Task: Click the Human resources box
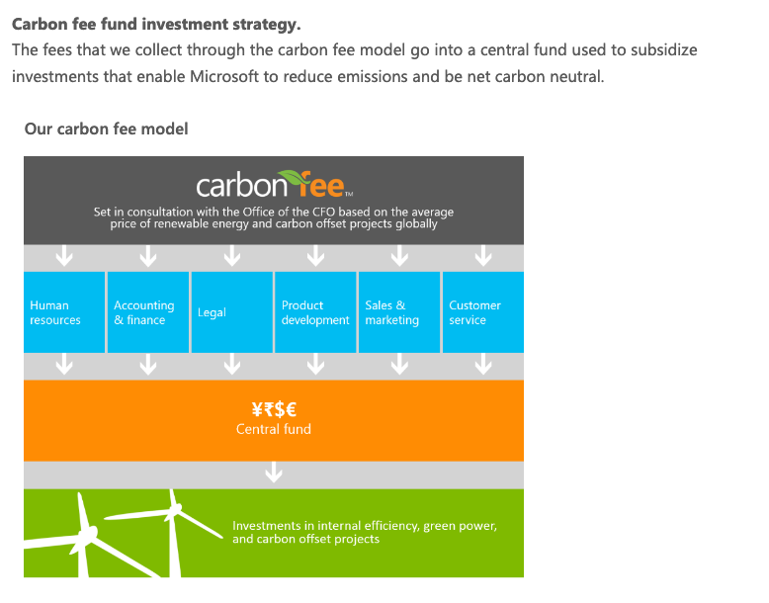pyautogui.click(x=64, y=312)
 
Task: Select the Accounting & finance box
pyautogui.click(x=148, y=312)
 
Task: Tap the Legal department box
pyautogui.click(x=232, y=312)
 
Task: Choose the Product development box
pyautogui.click(x=315, y=312)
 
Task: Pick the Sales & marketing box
pyautogui.click(x=399, y=312)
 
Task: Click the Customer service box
pyautogui.click(x=483, y=312)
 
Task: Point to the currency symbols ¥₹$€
pyautogui.click(x=274, y=408)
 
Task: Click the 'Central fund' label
pyautogui.click(x=274, y=429)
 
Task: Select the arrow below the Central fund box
pyautogui.click(x=274, y=472)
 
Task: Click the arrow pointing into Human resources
pyautogui.click(x=64, y=256)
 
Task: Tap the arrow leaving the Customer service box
pyautogui.click(x=483, y=364)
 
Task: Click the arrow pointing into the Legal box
pyautogui.click(x=232, y=256)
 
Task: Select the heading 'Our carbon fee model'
pyautogui.click(x=107, y=129)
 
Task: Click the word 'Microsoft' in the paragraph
pyautogui.click(x=223, y=76)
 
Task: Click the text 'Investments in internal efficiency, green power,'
pyautogui.click(x=365, y=526)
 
